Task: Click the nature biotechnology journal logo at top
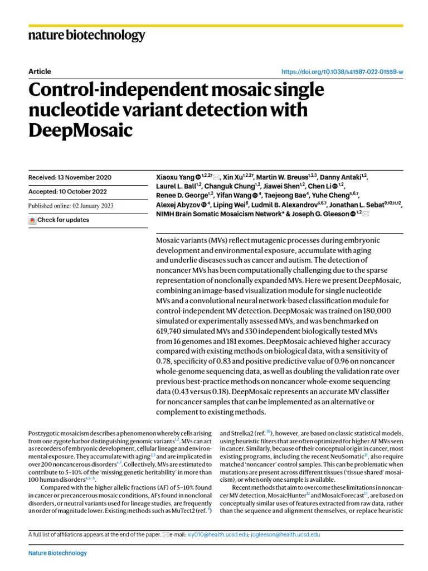(x=86, y=36)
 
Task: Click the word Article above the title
(x=40, y=72)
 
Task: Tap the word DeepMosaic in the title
(x=81, y=130)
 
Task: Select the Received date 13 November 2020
(x=70, y=177)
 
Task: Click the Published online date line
(x=70, y=206)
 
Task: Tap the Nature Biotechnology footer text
(x=57, y=553)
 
